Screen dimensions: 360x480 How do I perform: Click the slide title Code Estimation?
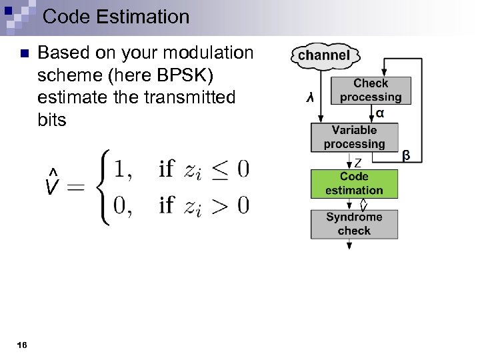click(116, 16)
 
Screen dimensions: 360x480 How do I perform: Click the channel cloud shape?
click(325, 55)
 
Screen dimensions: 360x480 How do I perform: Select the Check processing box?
click(371, 90)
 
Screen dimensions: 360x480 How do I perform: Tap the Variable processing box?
click(354, 137)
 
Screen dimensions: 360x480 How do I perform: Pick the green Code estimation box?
click(354, 183)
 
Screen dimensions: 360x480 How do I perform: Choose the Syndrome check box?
click(354, 224)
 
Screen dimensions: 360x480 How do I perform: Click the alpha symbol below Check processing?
click(379, 113)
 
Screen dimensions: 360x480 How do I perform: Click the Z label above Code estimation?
click(358, 163)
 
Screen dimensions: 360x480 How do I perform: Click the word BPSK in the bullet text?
click(186, 75)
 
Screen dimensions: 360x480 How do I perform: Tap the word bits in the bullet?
click(52, 120)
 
